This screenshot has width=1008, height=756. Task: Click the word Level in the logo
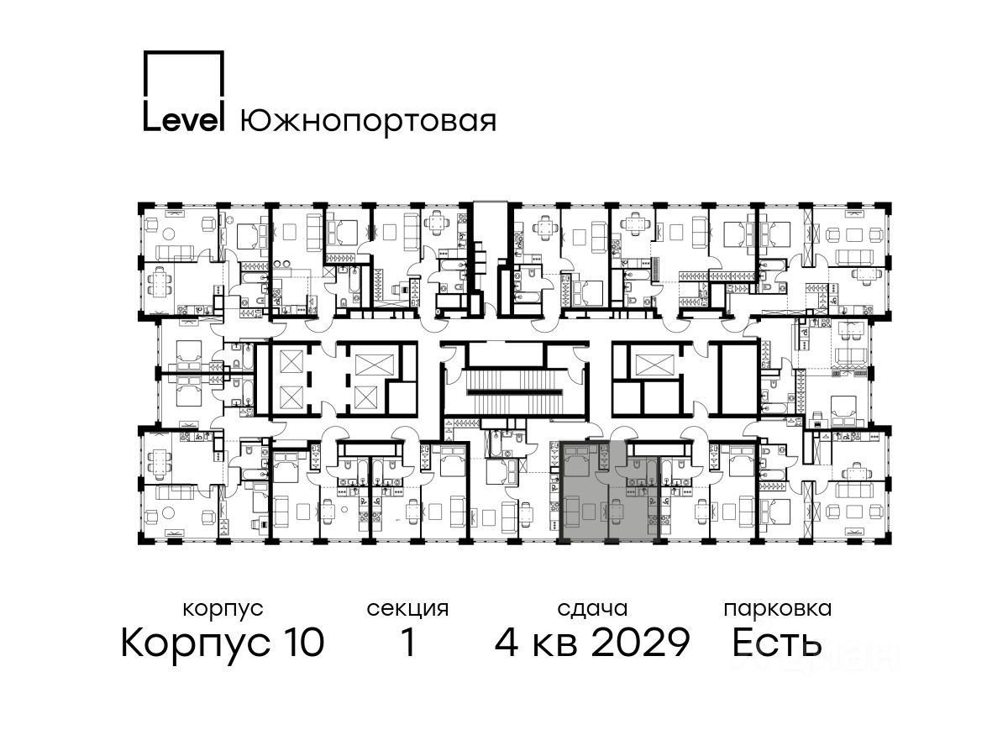183,120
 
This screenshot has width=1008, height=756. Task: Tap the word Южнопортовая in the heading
368,122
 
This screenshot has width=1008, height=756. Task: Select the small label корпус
223,610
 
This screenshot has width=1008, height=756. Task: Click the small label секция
407,610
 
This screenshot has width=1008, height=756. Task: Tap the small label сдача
592,610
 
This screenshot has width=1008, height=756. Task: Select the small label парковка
778,609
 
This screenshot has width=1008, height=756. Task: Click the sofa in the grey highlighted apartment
570,511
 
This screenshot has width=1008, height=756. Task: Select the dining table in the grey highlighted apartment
616,511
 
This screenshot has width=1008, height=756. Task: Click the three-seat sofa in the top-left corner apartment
174,253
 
